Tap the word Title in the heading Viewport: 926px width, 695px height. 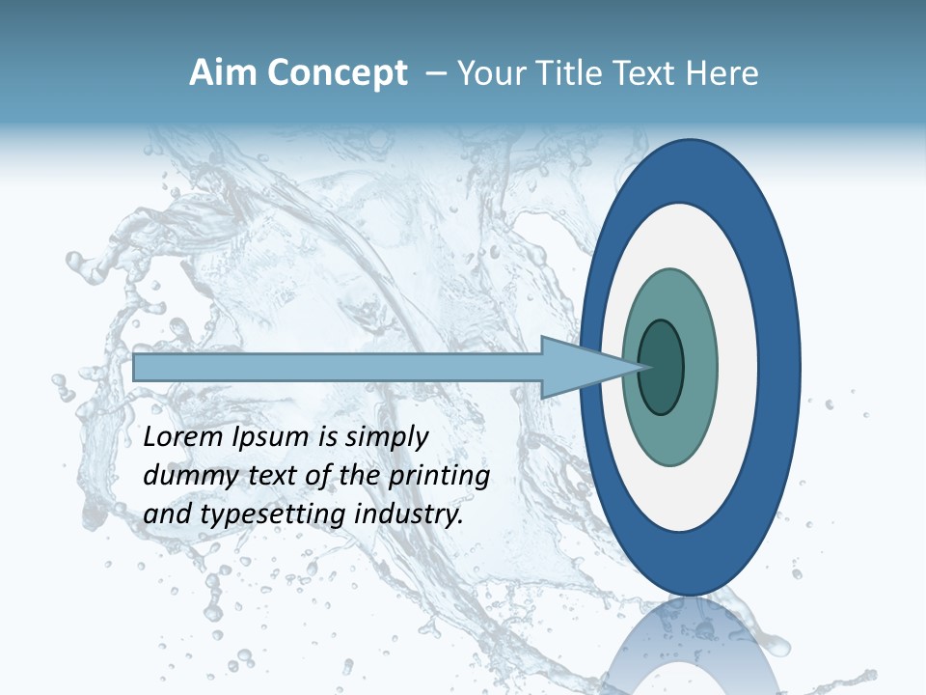coord(570,73)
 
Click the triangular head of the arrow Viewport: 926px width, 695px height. coord(588,367)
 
